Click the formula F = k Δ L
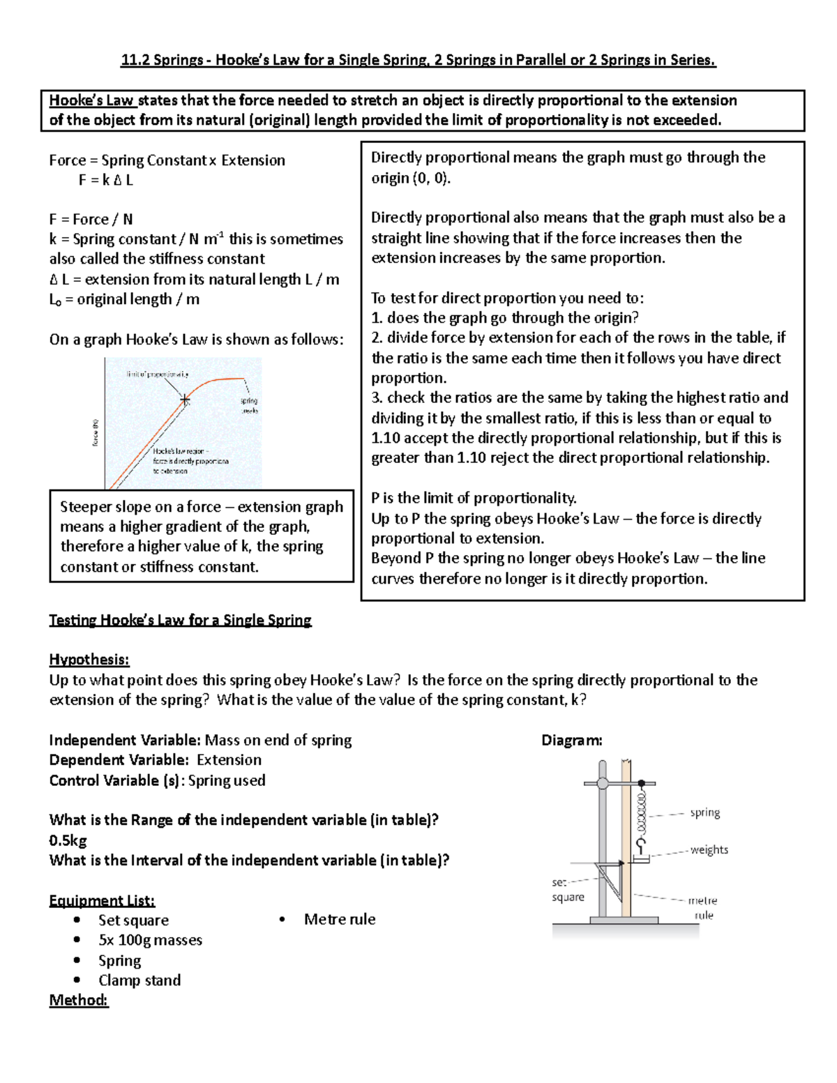point(105,180)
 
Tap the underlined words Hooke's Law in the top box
point(91,100)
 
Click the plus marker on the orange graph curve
point(185,400)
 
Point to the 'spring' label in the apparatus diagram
point(704,812)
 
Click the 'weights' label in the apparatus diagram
point(709,849)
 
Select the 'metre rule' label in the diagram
point(702,907)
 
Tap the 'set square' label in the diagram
point(567,890)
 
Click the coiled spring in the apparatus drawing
point(642,812)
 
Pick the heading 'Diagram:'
point(571,741)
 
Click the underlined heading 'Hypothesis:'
point(89,660)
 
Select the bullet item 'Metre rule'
point(339,919)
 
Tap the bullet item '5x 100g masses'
point(150,940)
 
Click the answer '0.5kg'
point(68,840)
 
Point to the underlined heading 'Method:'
point(78,1000)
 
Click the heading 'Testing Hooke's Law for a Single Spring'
point(180,620)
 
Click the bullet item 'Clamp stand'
point(139,980)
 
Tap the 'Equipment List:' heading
point(102,900)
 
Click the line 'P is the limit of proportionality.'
point(474,498)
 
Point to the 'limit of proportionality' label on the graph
point(158,374)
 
